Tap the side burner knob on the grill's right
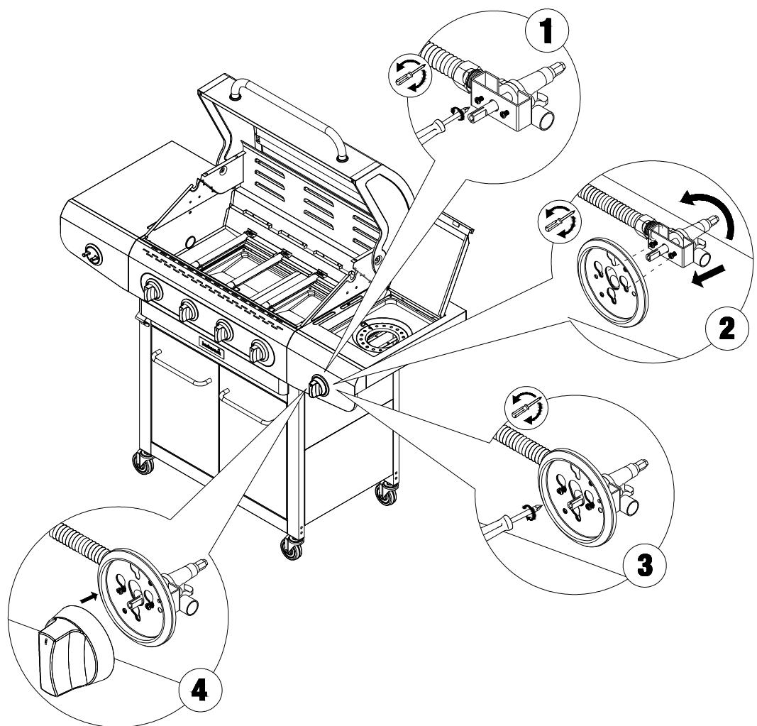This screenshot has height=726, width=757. click(317, 387)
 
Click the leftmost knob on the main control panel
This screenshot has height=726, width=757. click(153, 290)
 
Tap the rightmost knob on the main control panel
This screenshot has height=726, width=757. click(260, 350)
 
